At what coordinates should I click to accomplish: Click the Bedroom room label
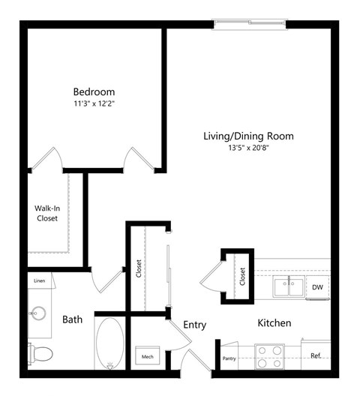94,92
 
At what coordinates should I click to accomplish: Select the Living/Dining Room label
248,136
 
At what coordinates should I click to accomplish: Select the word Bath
72,319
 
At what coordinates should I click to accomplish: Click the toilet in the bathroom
42,351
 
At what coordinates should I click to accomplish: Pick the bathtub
111,343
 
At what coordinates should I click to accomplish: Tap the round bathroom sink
37,310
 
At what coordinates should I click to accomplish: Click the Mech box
148,357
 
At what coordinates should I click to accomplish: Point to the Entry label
194,325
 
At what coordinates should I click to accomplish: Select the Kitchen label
274,323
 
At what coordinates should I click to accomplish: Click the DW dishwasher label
317,286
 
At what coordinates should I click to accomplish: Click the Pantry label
229,358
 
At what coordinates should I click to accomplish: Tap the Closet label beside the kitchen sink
242,276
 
